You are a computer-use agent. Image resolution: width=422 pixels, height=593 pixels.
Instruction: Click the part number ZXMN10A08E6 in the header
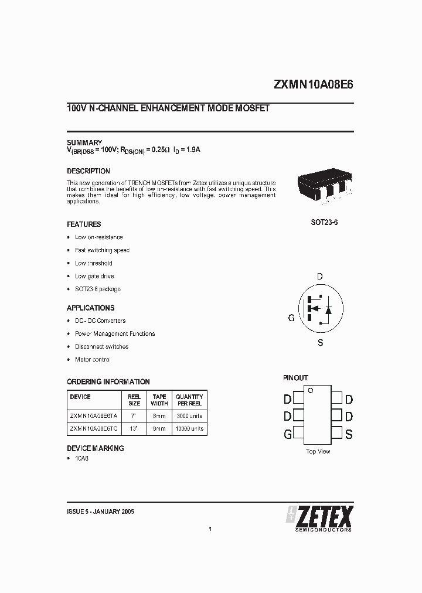[x=314, y=84]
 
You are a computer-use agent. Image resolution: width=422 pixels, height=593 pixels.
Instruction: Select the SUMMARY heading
[x=84, y=142]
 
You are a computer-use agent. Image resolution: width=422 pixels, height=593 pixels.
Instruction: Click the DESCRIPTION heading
[x=89, y=171]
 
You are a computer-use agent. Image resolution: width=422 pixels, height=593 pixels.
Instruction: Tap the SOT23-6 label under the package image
[x=324, y=224]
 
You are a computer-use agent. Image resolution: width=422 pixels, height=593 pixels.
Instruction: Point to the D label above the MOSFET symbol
[x=319, y=277]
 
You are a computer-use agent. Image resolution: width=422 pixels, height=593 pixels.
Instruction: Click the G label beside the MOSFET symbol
[x=291, y=318]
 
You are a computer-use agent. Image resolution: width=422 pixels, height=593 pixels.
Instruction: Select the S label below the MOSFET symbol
[x=320, y=343]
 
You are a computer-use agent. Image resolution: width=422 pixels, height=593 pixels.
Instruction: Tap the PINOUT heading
[x=295, y=378]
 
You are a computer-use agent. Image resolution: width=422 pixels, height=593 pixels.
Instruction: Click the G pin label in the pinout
[x=288, y=434]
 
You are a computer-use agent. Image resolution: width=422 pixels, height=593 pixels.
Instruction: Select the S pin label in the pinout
[x=349, y=434]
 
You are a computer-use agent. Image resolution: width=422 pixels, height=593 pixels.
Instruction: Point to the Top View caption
[x=318, y=451]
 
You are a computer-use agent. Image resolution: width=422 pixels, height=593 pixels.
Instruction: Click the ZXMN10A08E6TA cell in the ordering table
[x=94, y=415]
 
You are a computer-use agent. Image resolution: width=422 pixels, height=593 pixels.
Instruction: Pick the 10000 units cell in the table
[x=189, y=428]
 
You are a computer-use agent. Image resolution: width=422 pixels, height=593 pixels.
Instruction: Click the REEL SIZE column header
[x=134, y=400]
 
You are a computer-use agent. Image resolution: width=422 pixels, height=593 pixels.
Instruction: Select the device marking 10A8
[x=81, y=458]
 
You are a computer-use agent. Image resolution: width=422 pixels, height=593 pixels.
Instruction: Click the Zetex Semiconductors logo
[x=319, y=518]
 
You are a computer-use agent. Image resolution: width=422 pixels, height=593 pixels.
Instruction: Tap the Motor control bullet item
[x=93, y=359]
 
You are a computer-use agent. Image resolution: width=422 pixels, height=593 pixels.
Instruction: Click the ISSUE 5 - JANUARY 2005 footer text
[x=101, y=512]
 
